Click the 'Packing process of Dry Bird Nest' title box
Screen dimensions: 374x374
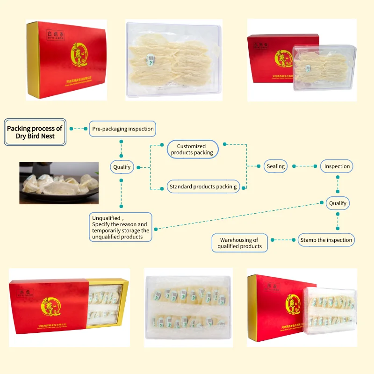pos(35,132)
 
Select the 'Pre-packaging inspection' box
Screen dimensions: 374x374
pos(122,129)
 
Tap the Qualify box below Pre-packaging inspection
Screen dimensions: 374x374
pos(122,166)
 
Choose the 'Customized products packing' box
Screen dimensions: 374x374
pos(192,150)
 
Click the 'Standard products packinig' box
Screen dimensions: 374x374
pos(203,187)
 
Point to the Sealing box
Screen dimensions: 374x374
pos(276,166)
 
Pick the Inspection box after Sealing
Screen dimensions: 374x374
pos(337,166)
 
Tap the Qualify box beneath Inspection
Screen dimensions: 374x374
pos(338,203)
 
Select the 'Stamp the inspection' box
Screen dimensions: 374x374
pos(326,240)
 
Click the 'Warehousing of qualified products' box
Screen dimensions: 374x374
pos(239,243)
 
